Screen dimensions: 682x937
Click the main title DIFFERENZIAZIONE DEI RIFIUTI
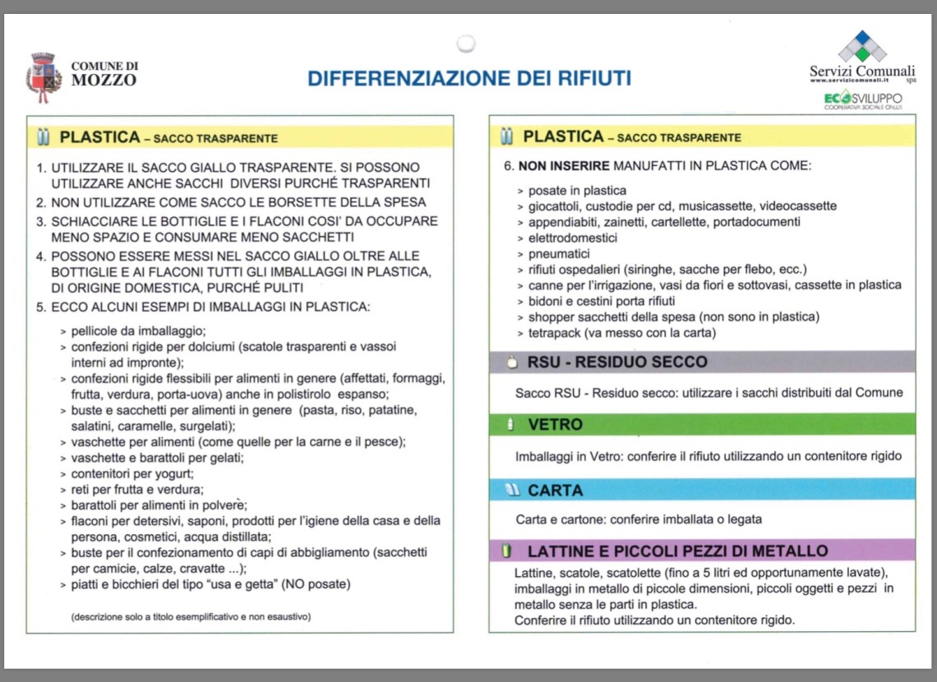[x=469, y=78]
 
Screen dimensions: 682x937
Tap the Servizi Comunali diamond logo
[x=862, y=47]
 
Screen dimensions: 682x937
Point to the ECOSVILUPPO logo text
[x=863, y=99]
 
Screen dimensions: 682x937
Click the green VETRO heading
[x=555, y=425]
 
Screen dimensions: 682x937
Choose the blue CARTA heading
[x=556, y=491]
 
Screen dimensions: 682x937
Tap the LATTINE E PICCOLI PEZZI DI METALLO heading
[x=677, y=551]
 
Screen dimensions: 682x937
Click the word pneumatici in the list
[x=559, y=254]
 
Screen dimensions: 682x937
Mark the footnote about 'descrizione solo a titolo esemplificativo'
[x=191, y=616]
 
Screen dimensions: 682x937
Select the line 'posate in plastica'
[x=577, y=191]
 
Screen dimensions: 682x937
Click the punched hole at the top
[x=466, y=43]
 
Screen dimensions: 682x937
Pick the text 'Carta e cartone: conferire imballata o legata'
[x=639, y=519]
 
